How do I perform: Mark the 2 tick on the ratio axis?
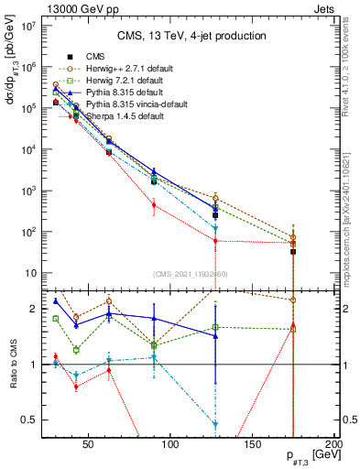point(33,309)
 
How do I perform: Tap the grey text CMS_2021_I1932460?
point(191,274)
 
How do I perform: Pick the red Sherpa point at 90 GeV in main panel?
point(154,205)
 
